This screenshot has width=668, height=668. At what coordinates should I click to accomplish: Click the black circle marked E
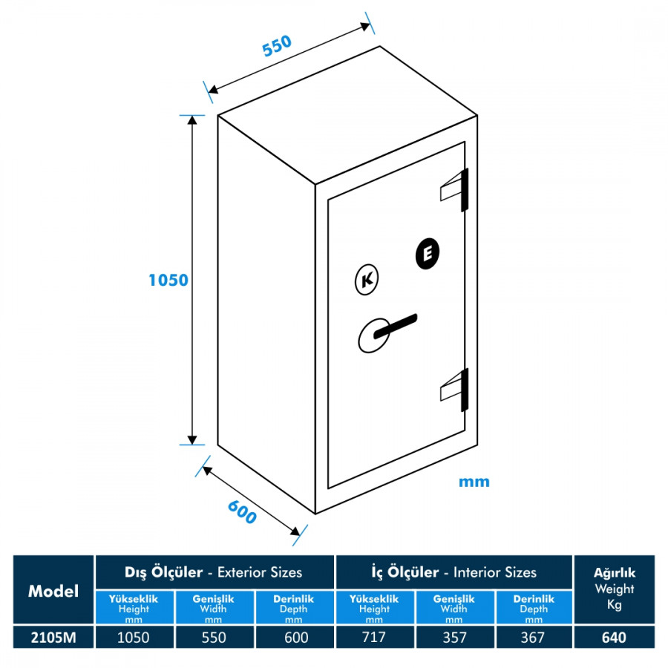tap(428, 254)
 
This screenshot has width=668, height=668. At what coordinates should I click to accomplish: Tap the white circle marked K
tap(367, 280)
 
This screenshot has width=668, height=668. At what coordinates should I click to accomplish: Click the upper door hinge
tap(454, 189)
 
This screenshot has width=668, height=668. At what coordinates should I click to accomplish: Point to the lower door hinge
tap(454, 390)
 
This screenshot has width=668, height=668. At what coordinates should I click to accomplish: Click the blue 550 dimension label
tap(277, 45)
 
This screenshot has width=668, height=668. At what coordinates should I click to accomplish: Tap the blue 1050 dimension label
tap(168, 280)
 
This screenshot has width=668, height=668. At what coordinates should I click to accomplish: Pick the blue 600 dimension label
tap(242, 512)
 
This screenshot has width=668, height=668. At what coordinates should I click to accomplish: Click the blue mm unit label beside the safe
tap(474, 482)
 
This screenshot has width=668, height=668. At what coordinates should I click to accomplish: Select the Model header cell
tap(53, 591)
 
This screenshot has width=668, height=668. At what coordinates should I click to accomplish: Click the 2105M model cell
tap(53, 638)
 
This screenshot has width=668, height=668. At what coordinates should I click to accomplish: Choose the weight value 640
tap(615, 638)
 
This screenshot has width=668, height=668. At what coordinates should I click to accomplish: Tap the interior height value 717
tap(373, 638)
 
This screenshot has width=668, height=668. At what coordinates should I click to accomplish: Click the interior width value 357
tap(454, 638)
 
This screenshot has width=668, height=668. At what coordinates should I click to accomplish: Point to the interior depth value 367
tap(533, 638)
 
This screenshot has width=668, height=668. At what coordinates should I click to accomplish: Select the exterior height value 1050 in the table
tap(134, 638)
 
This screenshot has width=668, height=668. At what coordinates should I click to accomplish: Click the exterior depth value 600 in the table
tap(296, 638)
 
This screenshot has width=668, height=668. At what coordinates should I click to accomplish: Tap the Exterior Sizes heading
tap(260, 572)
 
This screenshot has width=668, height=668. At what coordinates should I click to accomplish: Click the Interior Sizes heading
tap(494, 572)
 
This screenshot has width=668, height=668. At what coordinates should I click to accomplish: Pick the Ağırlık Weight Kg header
tap(615, 589)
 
